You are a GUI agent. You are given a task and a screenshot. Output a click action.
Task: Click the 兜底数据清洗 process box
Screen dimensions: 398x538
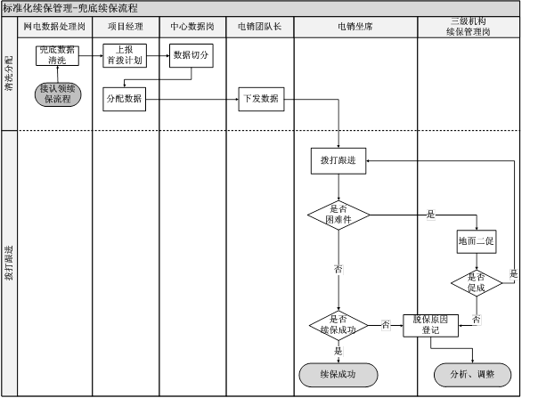coord(57,55)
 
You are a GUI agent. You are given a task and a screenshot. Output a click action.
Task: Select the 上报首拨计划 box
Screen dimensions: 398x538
coord(125,55)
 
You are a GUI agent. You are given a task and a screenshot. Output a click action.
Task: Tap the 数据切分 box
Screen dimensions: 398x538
coord(192,55)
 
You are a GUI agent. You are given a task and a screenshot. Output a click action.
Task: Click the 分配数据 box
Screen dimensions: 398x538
coord(125,98)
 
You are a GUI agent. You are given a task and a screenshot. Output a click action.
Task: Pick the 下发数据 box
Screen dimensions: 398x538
coord(260,98)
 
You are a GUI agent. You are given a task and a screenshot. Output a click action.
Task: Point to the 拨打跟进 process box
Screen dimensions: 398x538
coord(338,160)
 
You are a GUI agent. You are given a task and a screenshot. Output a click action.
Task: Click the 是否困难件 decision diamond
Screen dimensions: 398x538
coord(338,214)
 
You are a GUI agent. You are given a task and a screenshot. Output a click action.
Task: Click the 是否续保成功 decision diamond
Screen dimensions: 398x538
coord(338,324)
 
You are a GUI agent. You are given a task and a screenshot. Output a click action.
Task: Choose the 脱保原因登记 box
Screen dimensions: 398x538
coord(431,324)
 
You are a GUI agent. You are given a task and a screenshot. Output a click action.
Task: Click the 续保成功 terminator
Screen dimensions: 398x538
coord(338,374)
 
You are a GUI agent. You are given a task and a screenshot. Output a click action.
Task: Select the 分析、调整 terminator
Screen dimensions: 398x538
coord(472,374)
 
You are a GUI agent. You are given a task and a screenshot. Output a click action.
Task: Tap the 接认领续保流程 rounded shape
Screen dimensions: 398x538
coord(57,93)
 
